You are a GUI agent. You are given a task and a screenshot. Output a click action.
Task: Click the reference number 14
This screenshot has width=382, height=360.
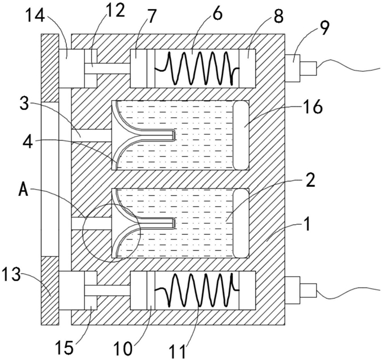pyautogui.click(x=35, y=16)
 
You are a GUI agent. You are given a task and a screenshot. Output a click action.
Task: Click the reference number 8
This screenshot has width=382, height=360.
pyautogui.click(x=278, y=16)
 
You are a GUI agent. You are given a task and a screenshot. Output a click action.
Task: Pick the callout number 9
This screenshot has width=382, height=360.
pyautogui.click(x=324, y=28)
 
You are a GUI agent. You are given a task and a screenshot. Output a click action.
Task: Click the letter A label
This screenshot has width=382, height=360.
pyautogui.click(x=24, y=190)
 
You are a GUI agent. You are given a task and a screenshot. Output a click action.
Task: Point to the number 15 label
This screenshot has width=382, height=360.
pyautogui.click(x=64, y=347)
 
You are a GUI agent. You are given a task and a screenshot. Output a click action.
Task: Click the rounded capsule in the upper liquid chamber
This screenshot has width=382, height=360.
pyautogui.click(x=241, y=135)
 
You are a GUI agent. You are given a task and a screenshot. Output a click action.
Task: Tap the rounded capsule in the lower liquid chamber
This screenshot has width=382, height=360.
pyautogui.click(x=241, y=223)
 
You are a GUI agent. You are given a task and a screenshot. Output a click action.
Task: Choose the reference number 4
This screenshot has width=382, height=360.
pyautogui.click(x=27, y=143)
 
